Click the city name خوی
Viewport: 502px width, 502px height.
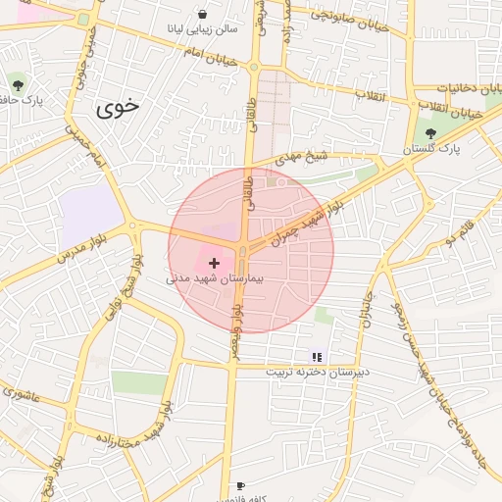(119, 108)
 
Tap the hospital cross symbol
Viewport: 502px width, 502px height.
(215, 263)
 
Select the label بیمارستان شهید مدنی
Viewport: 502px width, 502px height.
(222, 279)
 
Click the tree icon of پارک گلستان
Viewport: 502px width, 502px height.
(430, 133)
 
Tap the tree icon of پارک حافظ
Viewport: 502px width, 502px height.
(17, 81)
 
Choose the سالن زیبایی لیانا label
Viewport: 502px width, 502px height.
(203, 29)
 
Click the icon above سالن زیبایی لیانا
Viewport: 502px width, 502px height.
(202, 15)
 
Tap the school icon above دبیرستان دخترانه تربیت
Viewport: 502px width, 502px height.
(316, 358)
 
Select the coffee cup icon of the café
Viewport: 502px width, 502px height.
(239, 485)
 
